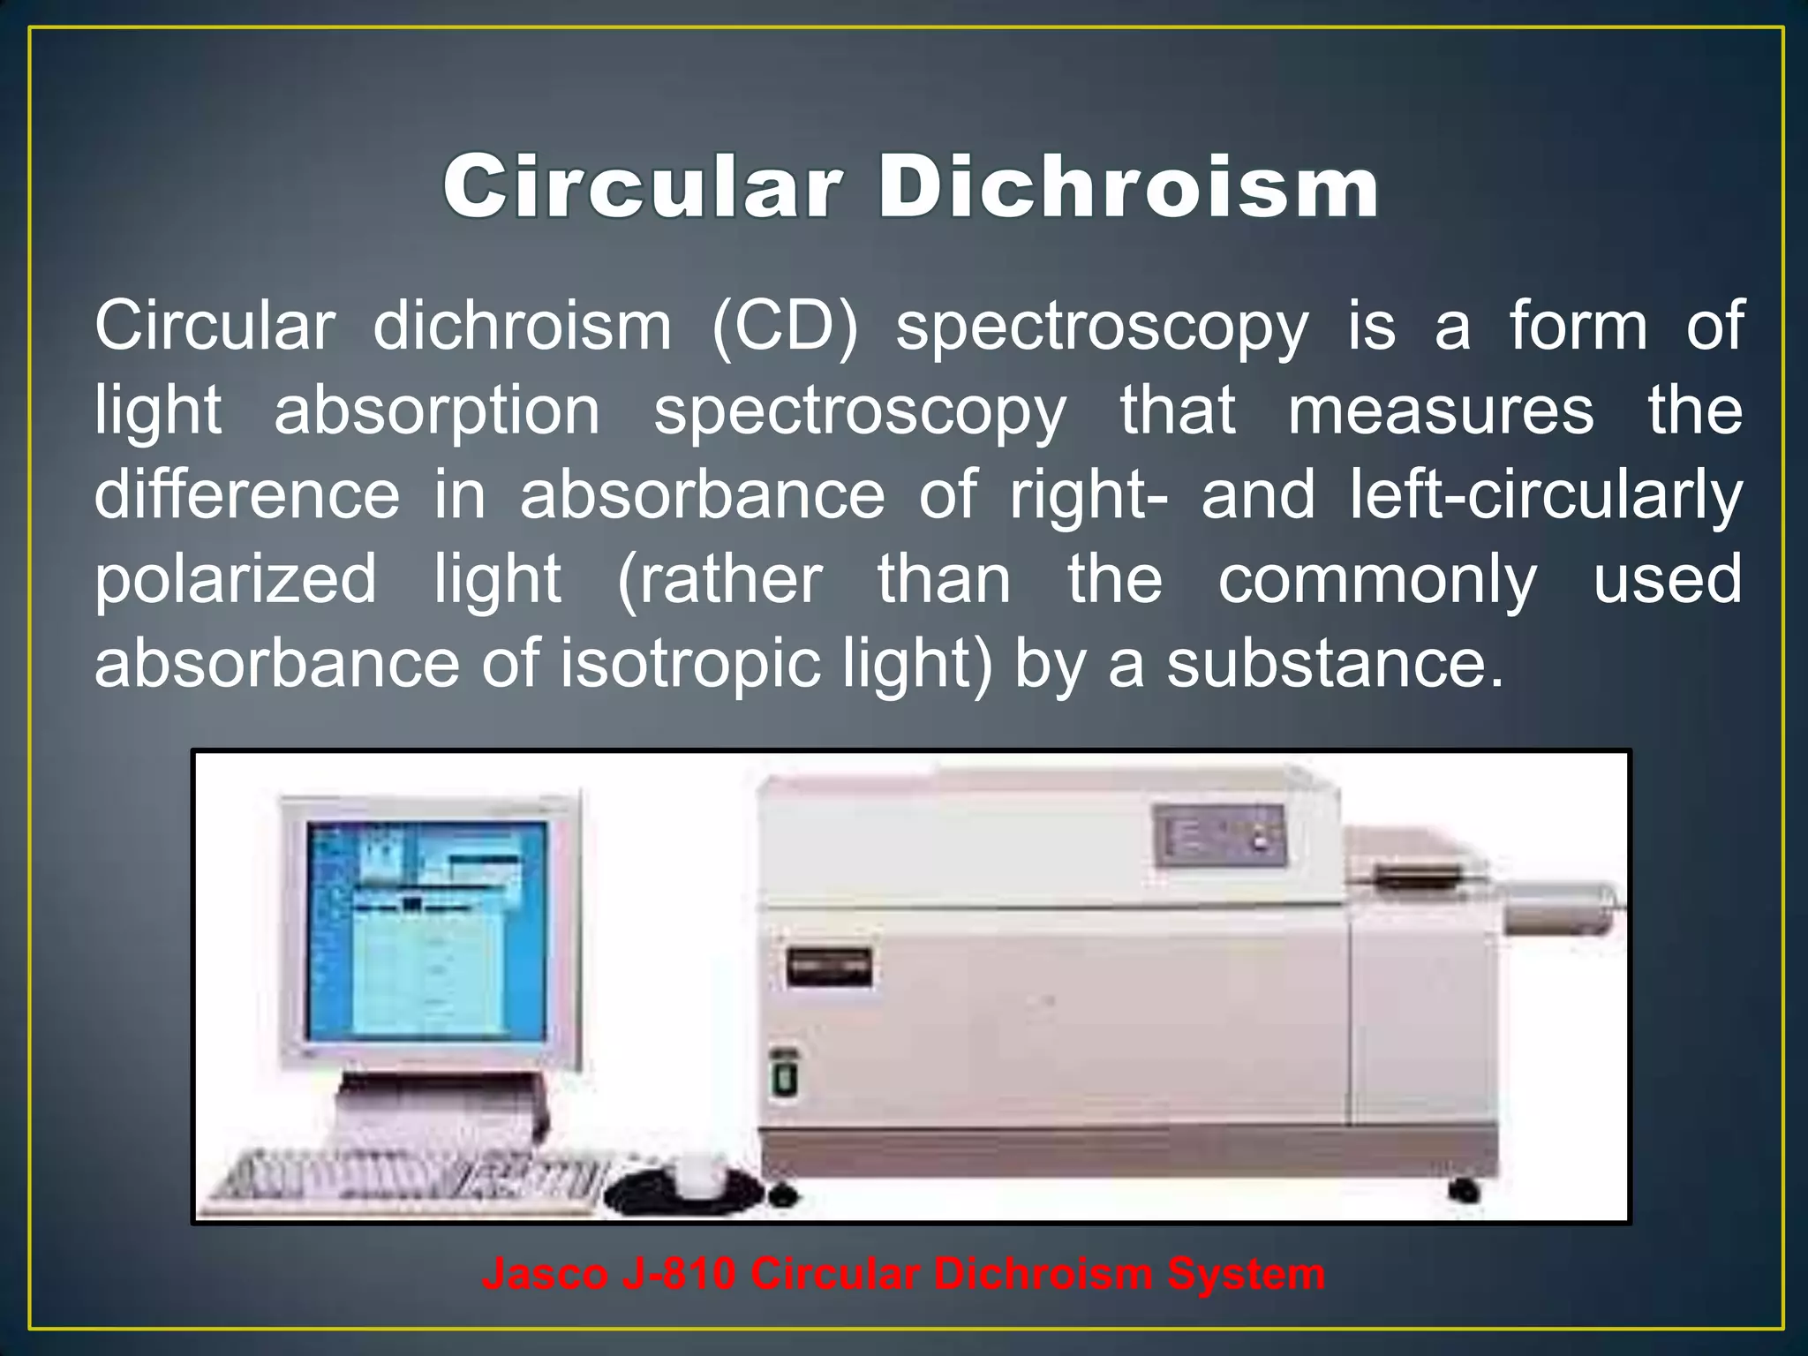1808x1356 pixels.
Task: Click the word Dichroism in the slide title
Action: click(1128, 187)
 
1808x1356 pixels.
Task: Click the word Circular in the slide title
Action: click(643, 187)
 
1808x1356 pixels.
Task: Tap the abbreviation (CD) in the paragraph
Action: click(784, 327)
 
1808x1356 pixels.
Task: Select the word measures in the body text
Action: click(1441, 411)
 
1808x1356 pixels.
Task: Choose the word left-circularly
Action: click(1546, 495)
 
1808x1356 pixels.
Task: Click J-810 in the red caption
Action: click(679, 1274)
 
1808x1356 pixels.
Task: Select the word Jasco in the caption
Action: click(545, 1274)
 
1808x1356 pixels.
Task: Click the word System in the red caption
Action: click(1246, 1274)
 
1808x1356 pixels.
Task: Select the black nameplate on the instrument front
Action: click(828, 968)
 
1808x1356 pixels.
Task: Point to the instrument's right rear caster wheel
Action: click(1464, 1190)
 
